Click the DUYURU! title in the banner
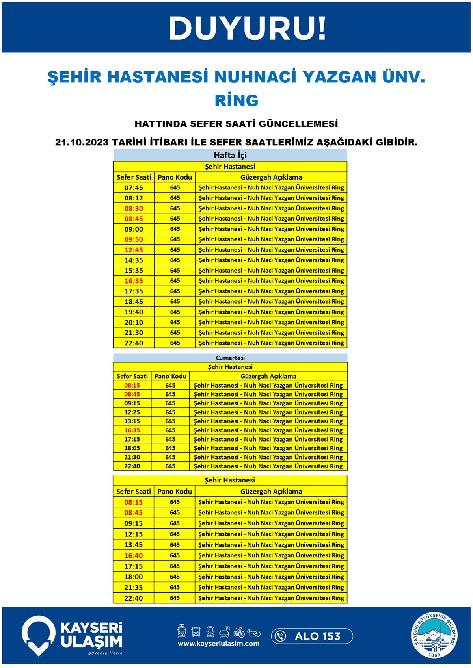[x=247, y=28]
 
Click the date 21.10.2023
[x=82, y=142]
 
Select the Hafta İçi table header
[x=230, y=155]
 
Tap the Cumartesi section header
[x=230, y=358]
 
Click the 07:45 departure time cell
[x=134, y=188]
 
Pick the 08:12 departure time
[x=134, y=198]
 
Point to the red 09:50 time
[x=134, y=239]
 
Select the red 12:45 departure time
[x=134, y=250]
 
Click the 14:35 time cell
[x=134, y=260]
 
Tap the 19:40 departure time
[x=134, y=312]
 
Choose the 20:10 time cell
[x=134, y=322]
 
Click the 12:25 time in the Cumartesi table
[x=132, y=412]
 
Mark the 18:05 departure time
[x=132, y=448]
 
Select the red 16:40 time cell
[x=134, y=555]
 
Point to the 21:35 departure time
[x=134, y=588]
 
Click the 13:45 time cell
[x=134, y=545]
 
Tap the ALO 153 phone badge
[x=312, y=636]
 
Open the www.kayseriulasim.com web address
[x=218, y=644]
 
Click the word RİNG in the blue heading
[x=236, y=100]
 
